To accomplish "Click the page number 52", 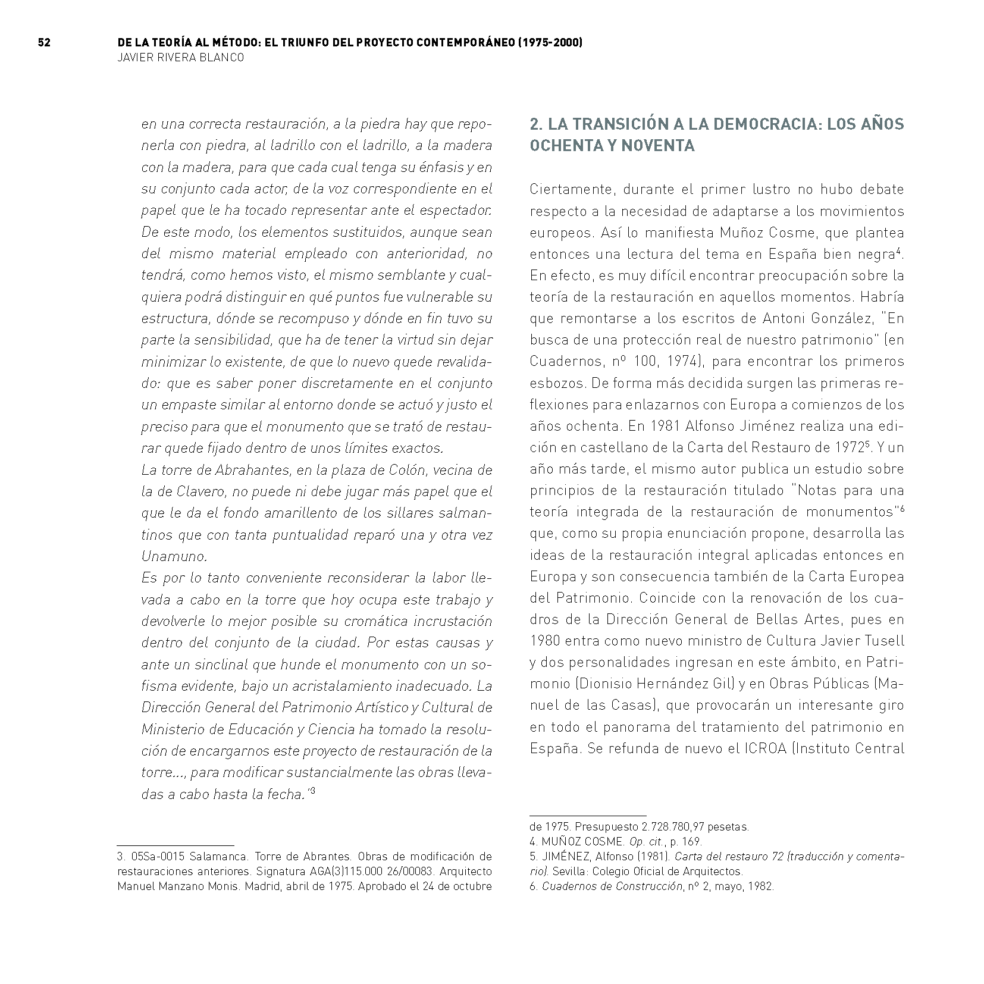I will (43, 43).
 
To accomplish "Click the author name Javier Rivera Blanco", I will (181, 58).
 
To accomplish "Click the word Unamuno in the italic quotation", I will (167, 557).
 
